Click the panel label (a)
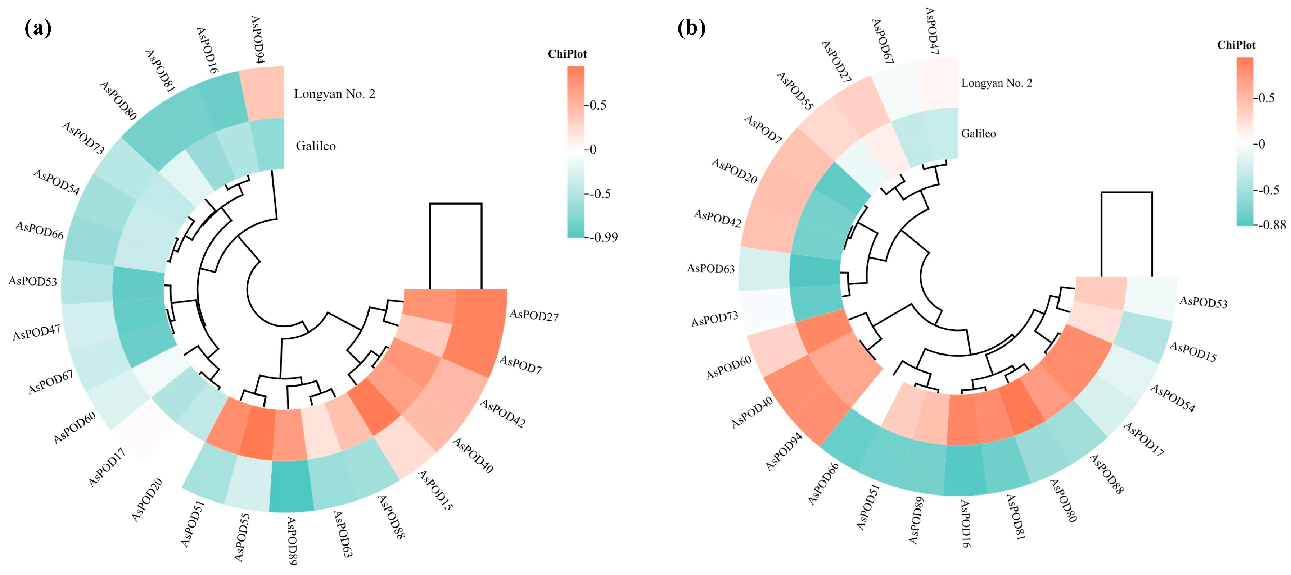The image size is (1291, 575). [x=37, y=28]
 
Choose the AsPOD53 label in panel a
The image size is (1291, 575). [x=33, y=280]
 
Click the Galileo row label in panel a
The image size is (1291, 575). [x=316, y=146]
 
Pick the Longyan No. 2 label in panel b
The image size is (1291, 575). [x=996, y=83]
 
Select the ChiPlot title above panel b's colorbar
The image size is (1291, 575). [x=1236, y=45]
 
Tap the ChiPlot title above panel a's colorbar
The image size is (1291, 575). [x=567, y=54]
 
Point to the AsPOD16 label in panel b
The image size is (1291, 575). [x=965, y=524]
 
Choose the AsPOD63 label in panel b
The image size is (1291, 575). [x=711, y=269]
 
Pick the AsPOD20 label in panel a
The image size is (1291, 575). [x=147, y=499]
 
